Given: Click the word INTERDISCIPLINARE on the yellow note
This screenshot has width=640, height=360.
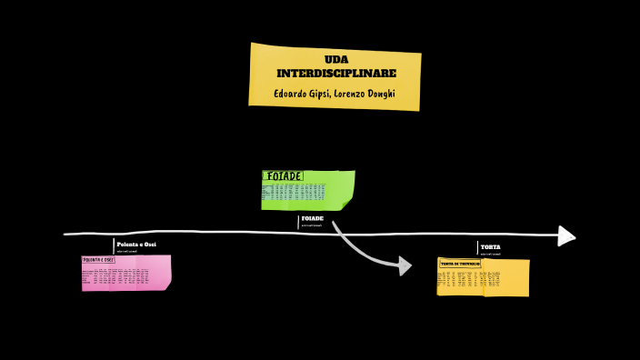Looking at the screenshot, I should (335, 73).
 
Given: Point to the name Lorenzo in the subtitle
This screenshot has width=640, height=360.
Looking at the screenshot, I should (345, 94).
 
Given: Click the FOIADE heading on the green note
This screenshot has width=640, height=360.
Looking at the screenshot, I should (283, 176).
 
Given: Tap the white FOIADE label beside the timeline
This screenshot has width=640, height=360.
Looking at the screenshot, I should (312, 219).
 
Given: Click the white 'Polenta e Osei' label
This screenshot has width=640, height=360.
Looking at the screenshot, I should (136, 245).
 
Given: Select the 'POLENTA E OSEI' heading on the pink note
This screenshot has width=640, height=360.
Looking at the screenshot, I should (98, 260).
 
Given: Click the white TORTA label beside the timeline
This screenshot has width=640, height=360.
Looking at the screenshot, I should (490, 247).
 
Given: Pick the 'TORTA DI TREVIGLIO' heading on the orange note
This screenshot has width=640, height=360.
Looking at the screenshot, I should (460, 264).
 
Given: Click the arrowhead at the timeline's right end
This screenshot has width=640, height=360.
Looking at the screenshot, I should (566, 236).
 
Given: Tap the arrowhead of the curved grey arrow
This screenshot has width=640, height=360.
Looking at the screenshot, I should (403, 265).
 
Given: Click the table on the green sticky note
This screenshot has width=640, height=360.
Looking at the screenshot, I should (294, 191).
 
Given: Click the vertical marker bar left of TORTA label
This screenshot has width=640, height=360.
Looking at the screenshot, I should (477, 248).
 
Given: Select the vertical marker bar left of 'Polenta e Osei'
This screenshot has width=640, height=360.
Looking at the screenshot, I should (114, 245).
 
